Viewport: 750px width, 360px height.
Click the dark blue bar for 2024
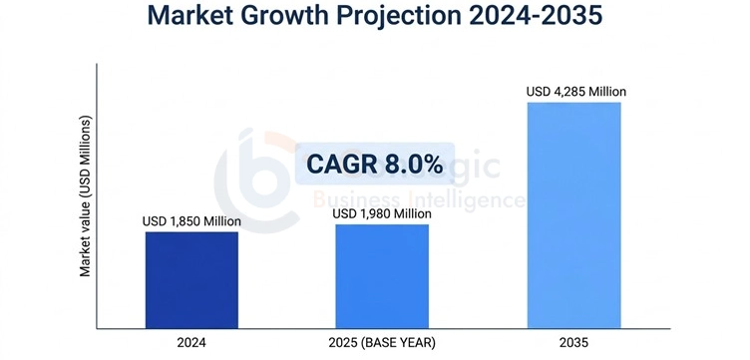(191, 279)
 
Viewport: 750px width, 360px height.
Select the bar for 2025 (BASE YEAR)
(381, 276)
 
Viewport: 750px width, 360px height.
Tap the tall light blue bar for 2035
(573, 214)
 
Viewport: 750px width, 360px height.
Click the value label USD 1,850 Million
(191, 220)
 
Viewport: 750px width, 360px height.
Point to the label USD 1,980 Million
(382, 213)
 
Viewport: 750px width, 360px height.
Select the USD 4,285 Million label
(576, 92)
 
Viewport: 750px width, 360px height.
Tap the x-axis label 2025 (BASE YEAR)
(382, 342)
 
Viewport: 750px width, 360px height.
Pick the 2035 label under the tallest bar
(573, 342)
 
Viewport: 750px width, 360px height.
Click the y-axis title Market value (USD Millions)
(86, 196)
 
